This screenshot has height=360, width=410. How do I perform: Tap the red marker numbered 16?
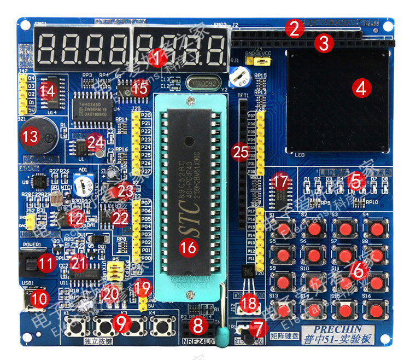coord(188,247)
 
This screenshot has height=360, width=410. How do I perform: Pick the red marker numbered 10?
coord(39,298)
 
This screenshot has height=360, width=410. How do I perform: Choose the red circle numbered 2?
coord(294,28)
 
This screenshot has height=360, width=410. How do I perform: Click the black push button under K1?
coord(76,328)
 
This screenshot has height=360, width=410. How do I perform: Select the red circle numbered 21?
coord(79,263)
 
